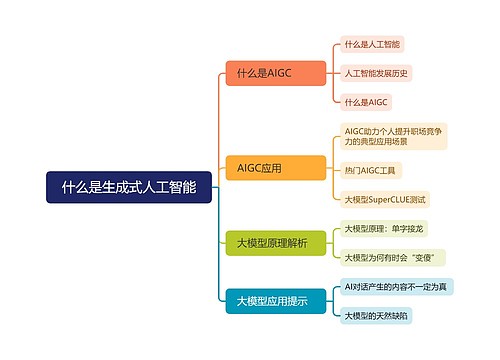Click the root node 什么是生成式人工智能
click(x=129, y=187)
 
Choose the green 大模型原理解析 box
click(x=273, y=243)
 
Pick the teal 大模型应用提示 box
click(x=273, y=300)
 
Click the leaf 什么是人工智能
click(x=371, y=45)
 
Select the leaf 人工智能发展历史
click(x=376, y=74)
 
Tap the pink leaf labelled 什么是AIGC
click(x=365, y=103)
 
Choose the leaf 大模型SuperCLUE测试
click(x=385, y=200)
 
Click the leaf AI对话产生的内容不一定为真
click(x=395, y=286)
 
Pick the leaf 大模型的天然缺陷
click(x=376, y=315)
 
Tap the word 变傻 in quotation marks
click(x=426, y=257)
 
